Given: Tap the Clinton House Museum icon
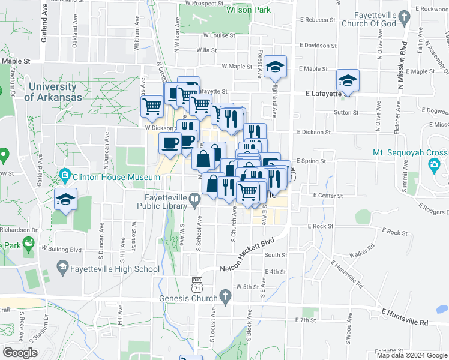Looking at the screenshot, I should click(x=65, y=177).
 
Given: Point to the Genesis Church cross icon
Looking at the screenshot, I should click(x=225, y=296).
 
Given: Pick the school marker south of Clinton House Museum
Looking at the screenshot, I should click(x=65, y=199).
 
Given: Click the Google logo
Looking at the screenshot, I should click(x=20, y=353).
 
